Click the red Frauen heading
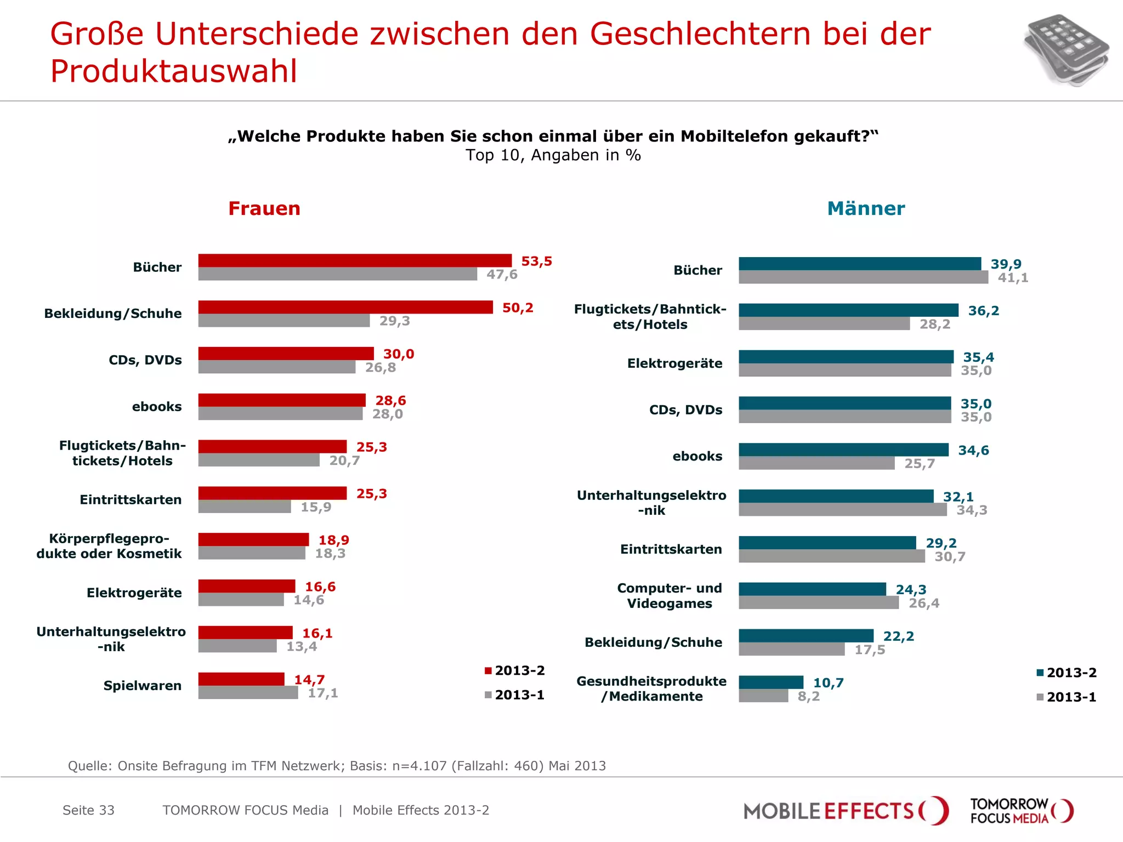264,209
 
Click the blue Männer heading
866,209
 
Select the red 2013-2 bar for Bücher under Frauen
355,260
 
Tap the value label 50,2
518,308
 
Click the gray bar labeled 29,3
284,321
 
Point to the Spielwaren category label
143,686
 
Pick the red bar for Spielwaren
241,679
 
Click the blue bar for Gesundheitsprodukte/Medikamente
771,682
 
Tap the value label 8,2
809,697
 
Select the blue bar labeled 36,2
848,310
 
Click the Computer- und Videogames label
670,596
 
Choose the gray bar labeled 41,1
863,277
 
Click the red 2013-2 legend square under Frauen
488,671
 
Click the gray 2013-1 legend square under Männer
1040,697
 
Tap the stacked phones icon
1065,50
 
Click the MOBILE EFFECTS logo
845,811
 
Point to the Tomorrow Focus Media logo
1021,811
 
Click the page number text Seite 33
88,811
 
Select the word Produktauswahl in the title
174,71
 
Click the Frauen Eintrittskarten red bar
273,493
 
